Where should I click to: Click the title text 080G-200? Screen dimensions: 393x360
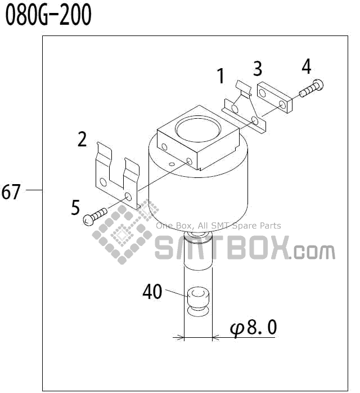point(48,16)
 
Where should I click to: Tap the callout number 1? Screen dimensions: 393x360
point(221,75)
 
